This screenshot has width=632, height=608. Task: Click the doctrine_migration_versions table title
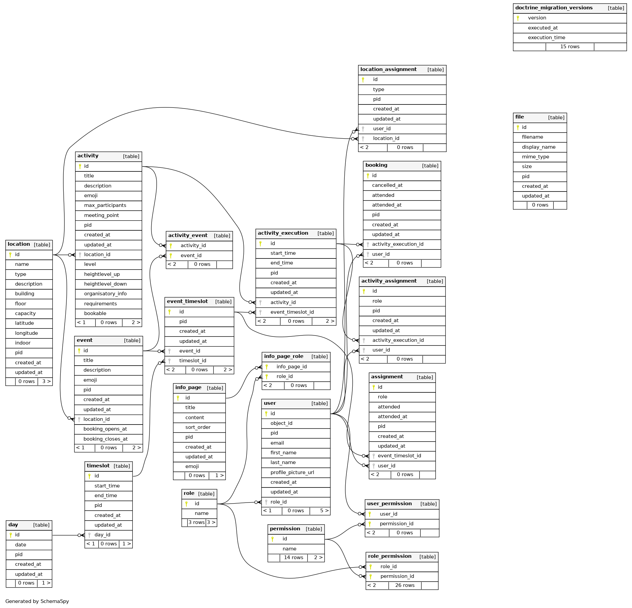click(554, 8)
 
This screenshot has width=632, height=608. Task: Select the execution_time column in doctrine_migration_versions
click(547, 37)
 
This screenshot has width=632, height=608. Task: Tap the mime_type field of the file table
click(535, 157)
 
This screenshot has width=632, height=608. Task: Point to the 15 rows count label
click(570, 47)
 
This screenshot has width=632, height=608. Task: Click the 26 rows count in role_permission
click(405, 585)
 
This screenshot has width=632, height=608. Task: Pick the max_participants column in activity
click(105, 205)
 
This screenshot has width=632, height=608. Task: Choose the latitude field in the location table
click(24, 323)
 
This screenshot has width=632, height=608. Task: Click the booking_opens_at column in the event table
click(105, 429)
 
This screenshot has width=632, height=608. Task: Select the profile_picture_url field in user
click(292, 472)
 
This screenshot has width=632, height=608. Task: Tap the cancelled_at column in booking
click(387, 185)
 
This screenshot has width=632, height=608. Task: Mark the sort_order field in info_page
click(198, 427)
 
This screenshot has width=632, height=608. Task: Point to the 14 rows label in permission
click(293, 557)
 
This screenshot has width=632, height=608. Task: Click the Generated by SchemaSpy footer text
click(37, 601)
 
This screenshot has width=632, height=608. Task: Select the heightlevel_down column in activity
click(105, 284)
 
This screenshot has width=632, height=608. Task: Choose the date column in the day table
click(20, 545)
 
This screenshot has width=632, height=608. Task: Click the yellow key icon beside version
click(518, 18)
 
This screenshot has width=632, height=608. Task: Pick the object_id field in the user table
click(281, 423)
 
